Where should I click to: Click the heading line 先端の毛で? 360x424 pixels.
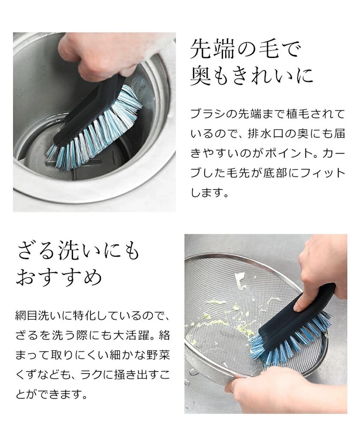245,50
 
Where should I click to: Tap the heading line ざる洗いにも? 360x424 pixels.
78,251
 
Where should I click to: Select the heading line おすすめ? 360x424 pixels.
59,277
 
